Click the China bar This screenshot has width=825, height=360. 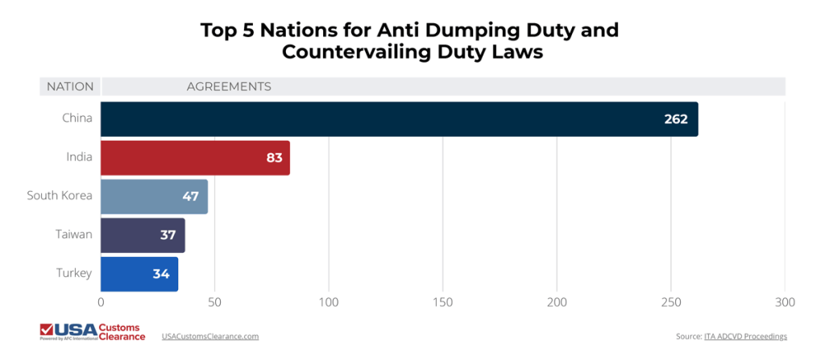click(x=399, y=119)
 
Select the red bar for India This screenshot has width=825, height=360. click(x=195, y=158)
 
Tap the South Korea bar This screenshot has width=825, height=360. click(x=154, y=197)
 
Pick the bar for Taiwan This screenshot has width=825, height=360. click(x=143, y=235)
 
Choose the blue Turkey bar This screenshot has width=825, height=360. click(x=139, y=274)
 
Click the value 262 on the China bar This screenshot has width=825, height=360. click(x=675, y=119)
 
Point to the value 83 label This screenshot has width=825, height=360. click(x=274, y=158)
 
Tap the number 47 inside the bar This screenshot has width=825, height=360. click(x=190, y=197)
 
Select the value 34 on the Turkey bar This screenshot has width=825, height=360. click(x=161, y=274)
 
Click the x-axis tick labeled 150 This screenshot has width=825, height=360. click(x=442, y=302)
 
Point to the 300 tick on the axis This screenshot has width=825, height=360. click(x=785, y=302)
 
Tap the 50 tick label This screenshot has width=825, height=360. click(x=214, y=302)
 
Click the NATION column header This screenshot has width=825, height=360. click(x=70, y=86)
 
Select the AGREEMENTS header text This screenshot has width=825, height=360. click(x=229, y=86)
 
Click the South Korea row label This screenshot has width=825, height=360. click(x=60, y=196)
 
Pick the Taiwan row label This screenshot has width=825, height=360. click(x=74, y=234)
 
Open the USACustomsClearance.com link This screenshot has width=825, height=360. click(x=209, y=336)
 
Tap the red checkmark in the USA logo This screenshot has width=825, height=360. click(x=48, y=329)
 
